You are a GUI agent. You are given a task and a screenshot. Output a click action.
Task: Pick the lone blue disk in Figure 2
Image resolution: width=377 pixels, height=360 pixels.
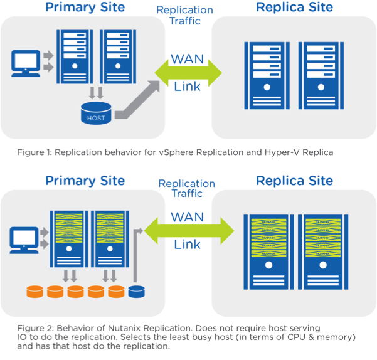pos(136,292)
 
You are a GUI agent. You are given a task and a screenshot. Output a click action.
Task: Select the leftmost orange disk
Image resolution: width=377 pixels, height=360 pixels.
pos(35,292)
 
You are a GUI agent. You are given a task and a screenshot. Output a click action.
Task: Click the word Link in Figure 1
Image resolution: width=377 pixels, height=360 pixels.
pos(188,86)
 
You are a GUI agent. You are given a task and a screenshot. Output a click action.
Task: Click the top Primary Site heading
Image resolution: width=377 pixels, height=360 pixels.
pos(85,9)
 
